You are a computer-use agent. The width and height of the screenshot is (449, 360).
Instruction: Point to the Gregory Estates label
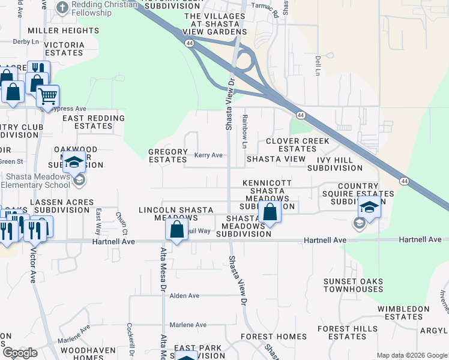pos(167,156)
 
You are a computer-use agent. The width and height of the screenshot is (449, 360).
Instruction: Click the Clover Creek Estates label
pos(298,145)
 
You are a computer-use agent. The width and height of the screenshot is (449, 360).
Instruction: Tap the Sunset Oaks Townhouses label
pos(353,285)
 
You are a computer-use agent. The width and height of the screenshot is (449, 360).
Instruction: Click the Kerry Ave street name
pos(208,155)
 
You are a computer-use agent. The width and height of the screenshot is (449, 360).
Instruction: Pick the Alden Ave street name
pos(184,296)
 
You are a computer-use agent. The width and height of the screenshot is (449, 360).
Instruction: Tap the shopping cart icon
pos(47,95)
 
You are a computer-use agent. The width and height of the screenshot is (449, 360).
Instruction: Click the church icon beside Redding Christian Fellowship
pos(62,8)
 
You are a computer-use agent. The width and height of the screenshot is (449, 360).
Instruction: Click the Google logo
pos(19,353)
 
